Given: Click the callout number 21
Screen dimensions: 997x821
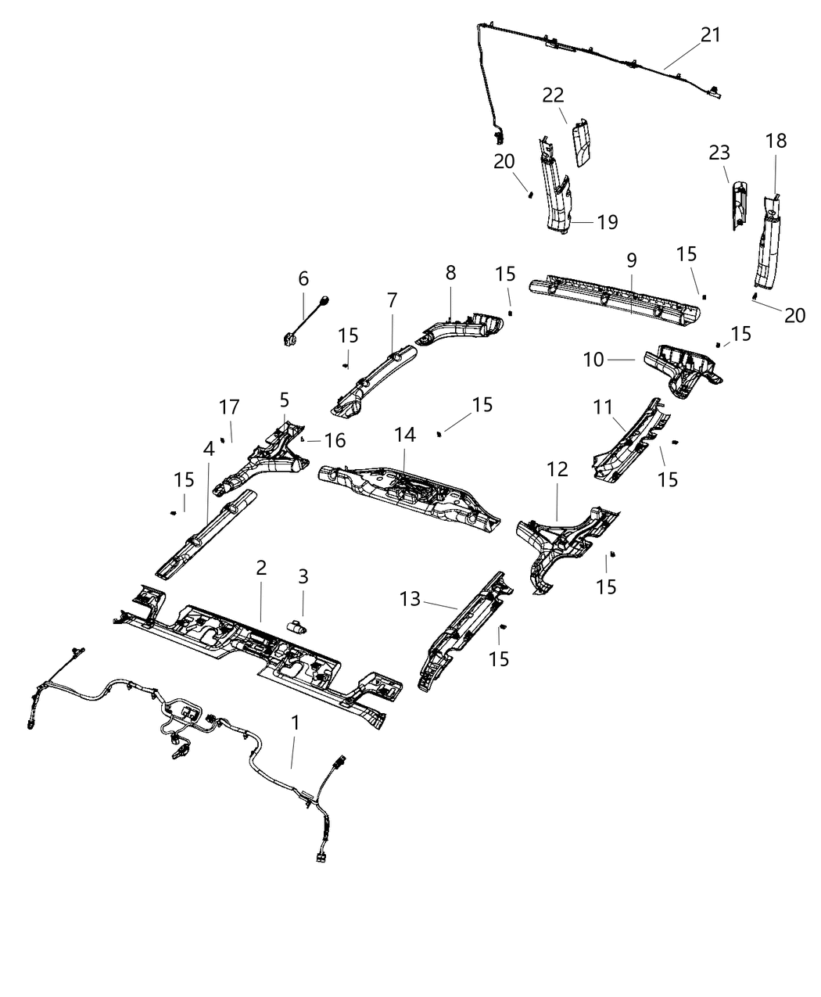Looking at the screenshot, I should coord(710,35).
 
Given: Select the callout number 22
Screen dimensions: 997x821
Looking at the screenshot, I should coord(553,95).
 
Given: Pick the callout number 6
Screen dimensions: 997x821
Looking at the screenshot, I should coord(303,278).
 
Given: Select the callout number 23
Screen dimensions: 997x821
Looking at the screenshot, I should coord(719,153).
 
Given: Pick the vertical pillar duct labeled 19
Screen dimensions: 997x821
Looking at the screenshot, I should coord(556,192).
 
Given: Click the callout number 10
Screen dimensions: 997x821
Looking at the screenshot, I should coord(593,359).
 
